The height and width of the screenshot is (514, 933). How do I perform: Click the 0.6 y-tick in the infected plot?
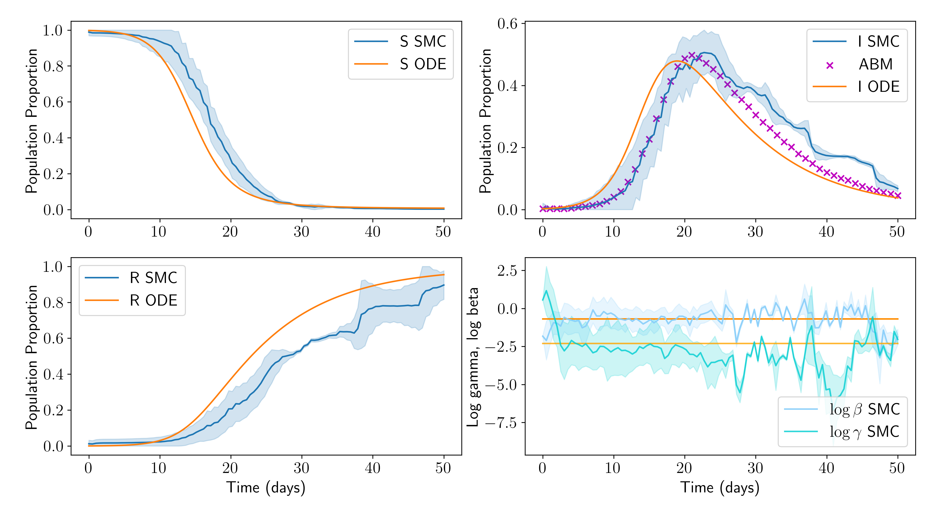pyautogui.click(x=507, y=24)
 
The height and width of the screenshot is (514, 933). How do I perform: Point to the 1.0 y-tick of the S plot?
pyautogui.click(x=53, y=30)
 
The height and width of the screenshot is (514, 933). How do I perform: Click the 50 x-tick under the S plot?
pyautogui.click(x=443, y=232)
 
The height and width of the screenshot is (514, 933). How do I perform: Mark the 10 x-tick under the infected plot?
pyautogui.click(x=613, y=232)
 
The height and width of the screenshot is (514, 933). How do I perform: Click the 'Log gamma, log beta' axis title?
pyautogui.click(x=473, y=357)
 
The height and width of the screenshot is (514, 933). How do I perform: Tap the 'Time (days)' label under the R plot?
pyautogui.click(x=266, y=488)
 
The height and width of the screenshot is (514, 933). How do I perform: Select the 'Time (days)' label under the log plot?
pyautogui.click(x=720, y=488)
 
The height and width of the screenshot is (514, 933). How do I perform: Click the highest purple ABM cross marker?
pyautogui.click(x=692, y=55)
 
